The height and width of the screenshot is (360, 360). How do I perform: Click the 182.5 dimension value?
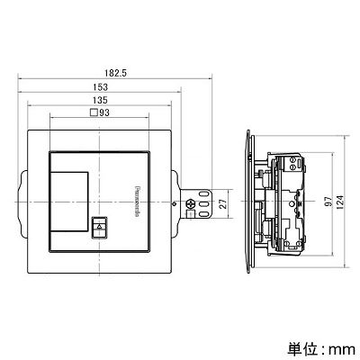pyautogui.click(x=116, y=73)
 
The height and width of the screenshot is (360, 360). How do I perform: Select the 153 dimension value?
pyautogui.click(x=100, y=87)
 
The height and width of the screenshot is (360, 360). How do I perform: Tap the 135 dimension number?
pyautogui.click(x=100, y=100)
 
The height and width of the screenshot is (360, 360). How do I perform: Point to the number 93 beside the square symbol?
pyautogui.click(x=104, y=112)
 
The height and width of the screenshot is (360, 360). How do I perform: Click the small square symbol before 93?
pyautogui.click(x=94, y=112)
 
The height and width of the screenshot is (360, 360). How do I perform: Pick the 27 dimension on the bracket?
pyautogui.click(x=223, y=203)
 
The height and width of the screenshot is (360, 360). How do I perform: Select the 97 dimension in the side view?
pyautogui.click(x=329, y=202)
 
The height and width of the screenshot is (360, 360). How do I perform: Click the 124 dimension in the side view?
pyautogui.click(x=341, y=202)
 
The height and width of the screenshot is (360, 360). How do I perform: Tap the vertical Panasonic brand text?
pyautogui.click(x=135, y=202)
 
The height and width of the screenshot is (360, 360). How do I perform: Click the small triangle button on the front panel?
pyautogui.click(x=100, y=227)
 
